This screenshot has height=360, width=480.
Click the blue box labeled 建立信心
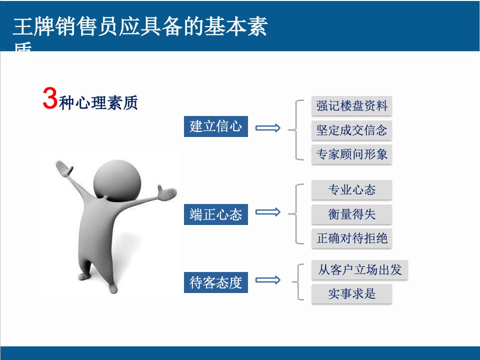215,126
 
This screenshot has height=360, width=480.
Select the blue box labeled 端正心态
215,214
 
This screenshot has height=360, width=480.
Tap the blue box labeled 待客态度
215,282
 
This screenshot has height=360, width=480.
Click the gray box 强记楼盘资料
351,106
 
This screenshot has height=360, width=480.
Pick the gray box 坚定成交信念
351,130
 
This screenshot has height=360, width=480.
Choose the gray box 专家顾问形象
351,154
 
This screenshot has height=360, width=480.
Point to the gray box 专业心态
351,190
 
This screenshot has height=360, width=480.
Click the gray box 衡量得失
351,214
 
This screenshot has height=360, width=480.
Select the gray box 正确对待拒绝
351,238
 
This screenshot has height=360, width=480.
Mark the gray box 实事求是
351,294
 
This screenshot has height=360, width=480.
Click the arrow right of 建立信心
268,128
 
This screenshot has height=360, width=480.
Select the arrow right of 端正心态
268,212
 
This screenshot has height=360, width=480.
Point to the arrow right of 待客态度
268,280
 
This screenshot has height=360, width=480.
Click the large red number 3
49,98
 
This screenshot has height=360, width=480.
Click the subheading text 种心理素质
98,103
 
